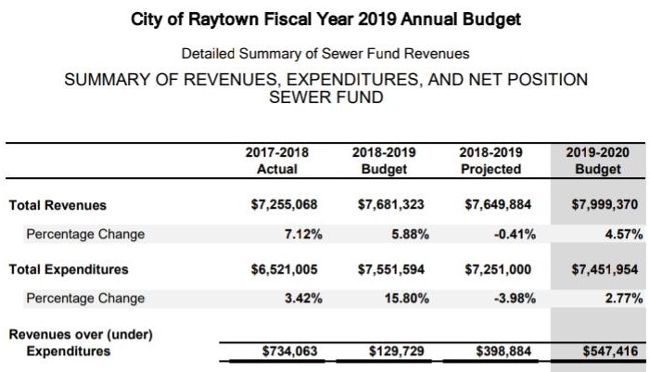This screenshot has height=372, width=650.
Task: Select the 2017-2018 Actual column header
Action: tap(276, 160)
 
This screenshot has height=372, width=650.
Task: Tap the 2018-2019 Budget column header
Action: tap(384, 160)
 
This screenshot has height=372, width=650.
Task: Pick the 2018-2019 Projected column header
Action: tap(491, 160)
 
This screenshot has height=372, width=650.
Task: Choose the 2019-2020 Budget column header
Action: tap(597, 160)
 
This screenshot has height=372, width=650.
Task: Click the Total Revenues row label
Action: tap(57, 206)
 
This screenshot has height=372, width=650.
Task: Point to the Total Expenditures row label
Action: tap(69, 270)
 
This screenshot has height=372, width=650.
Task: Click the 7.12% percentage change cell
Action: tap(302, 234)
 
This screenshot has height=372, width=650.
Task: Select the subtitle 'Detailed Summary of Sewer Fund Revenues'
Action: tap(325, 54)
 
